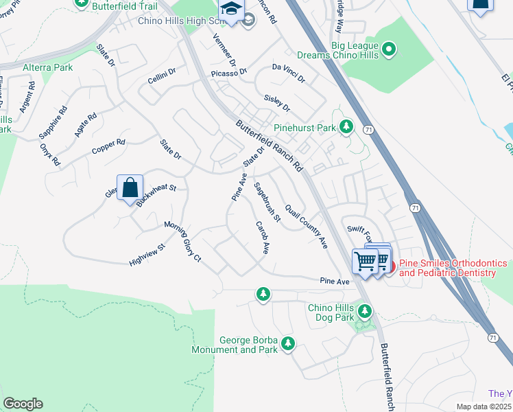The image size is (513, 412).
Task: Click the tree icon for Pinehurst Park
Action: tap(347, 127)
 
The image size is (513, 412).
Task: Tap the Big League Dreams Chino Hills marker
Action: tap(389, 49)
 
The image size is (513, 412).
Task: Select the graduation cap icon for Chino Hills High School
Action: tap(232, 10)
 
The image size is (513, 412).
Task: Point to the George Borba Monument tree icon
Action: tap(288, 343)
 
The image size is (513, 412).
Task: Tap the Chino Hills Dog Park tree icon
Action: tap(365, 312)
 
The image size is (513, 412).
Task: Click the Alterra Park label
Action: tap(47, 68)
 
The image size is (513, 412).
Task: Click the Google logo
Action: tap(22, 404)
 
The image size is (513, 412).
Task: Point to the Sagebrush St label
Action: tap(267, 202)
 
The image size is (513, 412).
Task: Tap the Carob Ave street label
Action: tap(262, 238)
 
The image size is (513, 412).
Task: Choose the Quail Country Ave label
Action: tap(306, 226)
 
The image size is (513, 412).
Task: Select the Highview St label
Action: tap(147, 255)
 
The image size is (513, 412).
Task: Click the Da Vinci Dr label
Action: tap(289, 73)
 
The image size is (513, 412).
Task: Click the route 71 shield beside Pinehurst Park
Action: tap(368, 129)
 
